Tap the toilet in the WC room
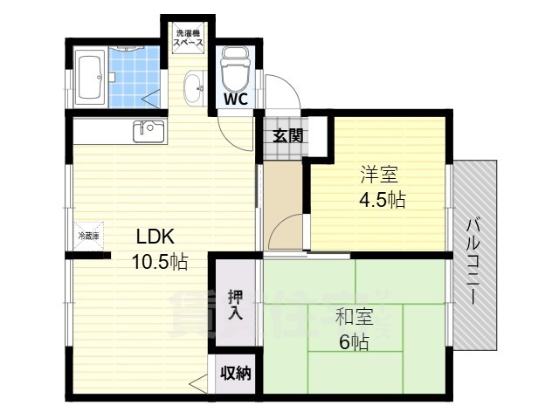tap(235, 65)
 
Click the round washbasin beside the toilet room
tap(194, 85)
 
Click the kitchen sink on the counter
tap(148, 131)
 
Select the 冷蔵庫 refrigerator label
tap(88, 236)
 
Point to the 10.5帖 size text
tap(159, 261)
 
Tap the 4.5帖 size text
tap(381, 198)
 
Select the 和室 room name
tap(353, 316)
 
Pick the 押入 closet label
tap(235, 303)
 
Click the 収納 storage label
tap(235, 374)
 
